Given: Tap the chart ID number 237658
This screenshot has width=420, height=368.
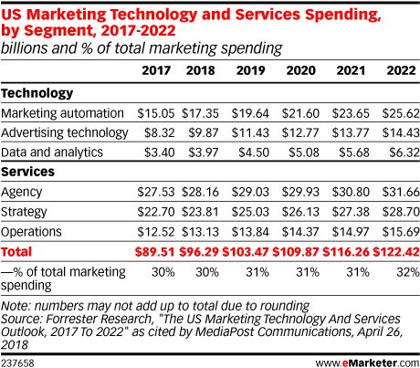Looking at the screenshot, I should pos(19,360).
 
